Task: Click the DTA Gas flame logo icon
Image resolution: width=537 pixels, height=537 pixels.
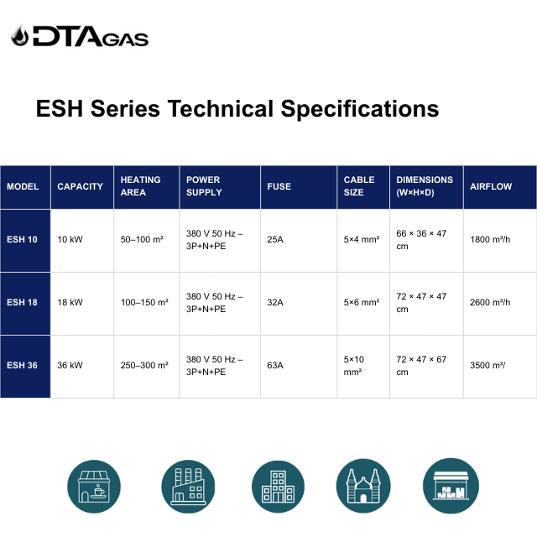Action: click(19, 35)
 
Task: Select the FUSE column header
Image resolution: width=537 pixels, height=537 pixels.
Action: click(279, 186)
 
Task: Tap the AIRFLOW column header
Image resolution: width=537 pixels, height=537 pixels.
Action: click(490, 186)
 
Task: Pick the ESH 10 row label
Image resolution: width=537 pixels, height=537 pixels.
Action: click(22, 239)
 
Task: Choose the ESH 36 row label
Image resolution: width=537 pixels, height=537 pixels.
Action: click(22, 366)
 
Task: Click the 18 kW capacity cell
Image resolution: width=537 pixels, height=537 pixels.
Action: click(70, 302)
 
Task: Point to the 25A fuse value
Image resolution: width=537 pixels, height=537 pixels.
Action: click(275, 239)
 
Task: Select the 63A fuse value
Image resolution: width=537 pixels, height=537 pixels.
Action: click(275, 366)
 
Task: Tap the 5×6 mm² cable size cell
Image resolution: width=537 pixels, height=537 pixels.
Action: click(362, 302)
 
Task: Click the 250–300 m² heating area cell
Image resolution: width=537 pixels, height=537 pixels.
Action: click(144, 366)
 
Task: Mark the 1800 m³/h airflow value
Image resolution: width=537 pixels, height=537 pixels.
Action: click(490, 239)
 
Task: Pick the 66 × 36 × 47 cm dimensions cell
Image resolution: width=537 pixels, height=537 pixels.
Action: click(421, 240)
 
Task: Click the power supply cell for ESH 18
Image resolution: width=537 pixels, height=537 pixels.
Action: click(215, 303)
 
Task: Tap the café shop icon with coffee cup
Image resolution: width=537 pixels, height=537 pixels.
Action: click(94, 487)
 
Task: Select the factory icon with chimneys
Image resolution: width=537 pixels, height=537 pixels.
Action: click(188, 487)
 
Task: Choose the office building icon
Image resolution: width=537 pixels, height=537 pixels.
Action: click(278, 487)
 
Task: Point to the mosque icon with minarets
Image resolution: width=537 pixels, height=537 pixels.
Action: click(363, 486)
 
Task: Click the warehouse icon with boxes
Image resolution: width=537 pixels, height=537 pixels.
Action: click(451, 486)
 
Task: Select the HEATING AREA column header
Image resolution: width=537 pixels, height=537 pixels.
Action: click(140, 186)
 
